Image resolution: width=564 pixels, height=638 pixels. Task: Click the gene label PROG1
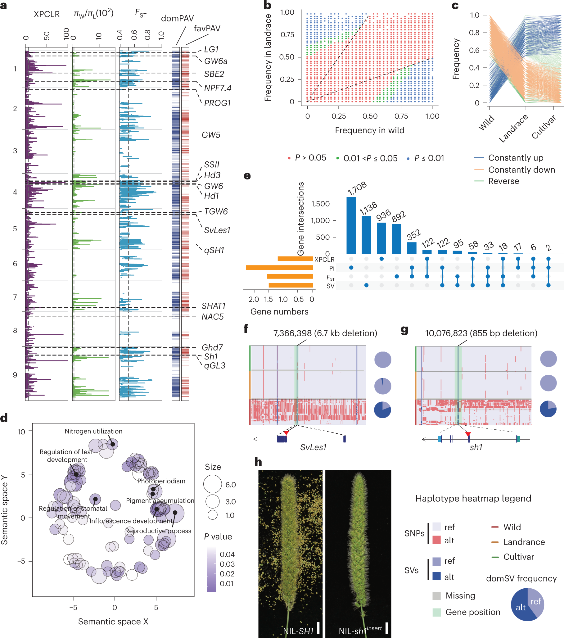coord(217,103)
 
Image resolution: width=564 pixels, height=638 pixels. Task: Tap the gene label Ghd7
coord(212,347)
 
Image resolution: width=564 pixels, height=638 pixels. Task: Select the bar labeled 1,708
coord(351,225)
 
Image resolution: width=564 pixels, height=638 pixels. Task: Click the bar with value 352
coord(412,248)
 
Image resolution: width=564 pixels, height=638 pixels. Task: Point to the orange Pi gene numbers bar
coord(279,268)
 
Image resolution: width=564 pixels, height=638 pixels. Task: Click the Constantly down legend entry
coord(521,170)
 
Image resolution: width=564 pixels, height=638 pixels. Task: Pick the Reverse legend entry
coord(503,181)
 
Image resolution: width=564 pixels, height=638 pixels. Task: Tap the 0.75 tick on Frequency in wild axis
coord(401,116)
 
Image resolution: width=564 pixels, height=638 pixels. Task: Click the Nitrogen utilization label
coord(93,431)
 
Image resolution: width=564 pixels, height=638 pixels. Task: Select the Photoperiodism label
coord(161,481)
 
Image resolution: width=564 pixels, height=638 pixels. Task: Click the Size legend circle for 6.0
coord(213,484)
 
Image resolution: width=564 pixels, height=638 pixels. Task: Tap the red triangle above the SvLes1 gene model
coord(286,432)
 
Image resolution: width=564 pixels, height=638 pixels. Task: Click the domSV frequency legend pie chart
coord(527,604)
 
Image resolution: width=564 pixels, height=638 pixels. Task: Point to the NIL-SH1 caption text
coord(298,631)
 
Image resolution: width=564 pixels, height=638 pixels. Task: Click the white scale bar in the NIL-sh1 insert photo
coord(387,628)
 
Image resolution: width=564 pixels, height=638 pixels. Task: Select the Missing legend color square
coord(436,595)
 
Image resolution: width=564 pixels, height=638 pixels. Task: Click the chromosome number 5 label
coord(15,229)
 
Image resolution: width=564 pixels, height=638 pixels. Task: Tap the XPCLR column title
coord(47,14)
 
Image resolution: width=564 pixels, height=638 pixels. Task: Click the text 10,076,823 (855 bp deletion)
coord(481,333)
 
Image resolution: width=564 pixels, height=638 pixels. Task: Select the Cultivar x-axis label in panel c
coord(544,127)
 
